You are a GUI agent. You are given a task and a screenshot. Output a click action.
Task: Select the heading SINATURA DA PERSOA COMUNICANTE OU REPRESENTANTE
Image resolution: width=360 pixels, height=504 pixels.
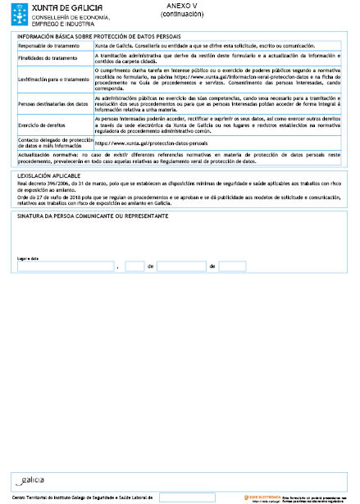(x=93, y=216)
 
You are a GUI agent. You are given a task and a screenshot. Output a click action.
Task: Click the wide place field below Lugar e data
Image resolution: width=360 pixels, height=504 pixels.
(x=66, y=267)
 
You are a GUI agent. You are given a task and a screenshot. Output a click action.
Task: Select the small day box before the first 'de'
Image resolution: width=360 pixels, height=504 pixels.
(x=135, y=267)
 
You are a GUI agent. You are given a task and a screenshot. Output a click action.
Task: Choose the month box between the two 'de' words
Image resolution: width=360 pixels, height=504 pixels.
(x=181, y=267)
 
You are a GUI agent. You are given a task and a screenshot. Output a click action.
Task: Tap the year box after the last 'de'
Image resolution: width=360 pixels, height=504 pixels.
(x=233, y=267)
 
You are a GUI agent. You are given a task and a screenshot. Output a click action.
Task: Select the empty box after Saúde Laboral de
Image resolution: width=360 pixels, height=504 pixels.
(x=187, y=497)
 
